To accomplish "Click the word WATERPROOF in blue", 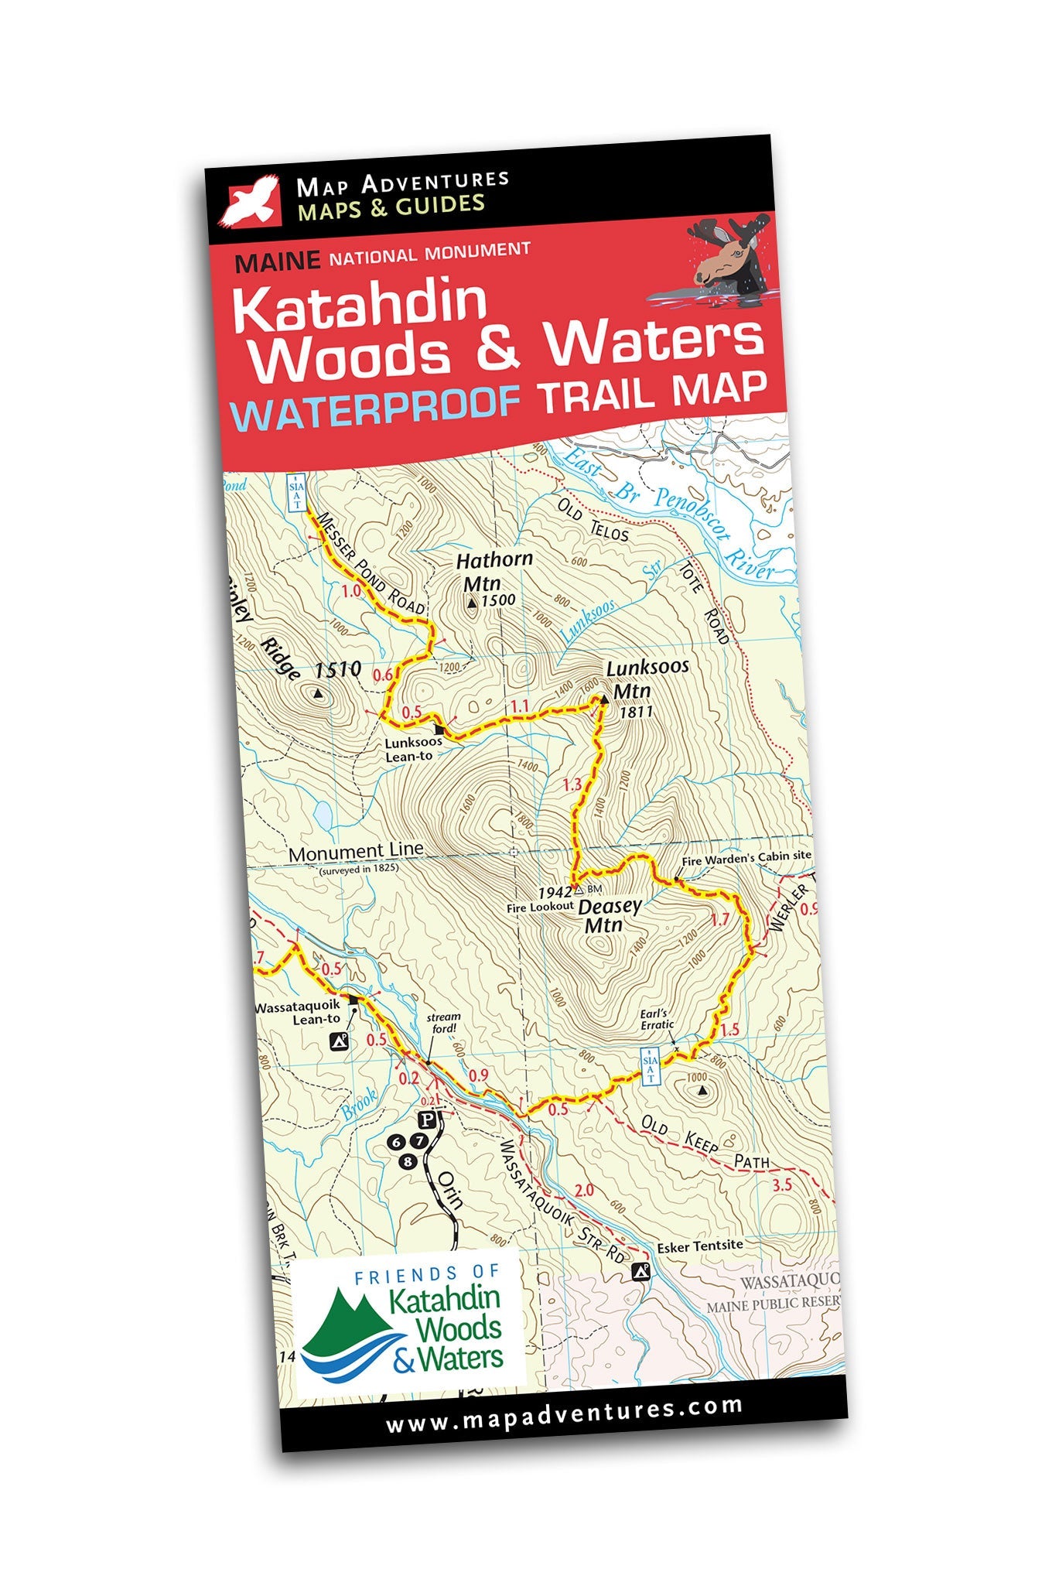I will [375, 405].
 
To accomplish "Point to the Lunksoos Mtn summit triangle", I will [603, 699].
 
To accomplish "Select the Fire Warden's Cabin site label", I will [746, 858].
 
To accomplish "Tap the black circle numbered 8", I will [408, 1161].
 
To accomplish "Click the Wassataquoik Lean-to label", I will [297, 1013].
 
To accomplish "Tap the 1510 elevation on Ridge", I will [338, 670].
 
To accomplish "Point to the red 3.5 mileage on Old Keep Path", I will [782, 1184].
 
